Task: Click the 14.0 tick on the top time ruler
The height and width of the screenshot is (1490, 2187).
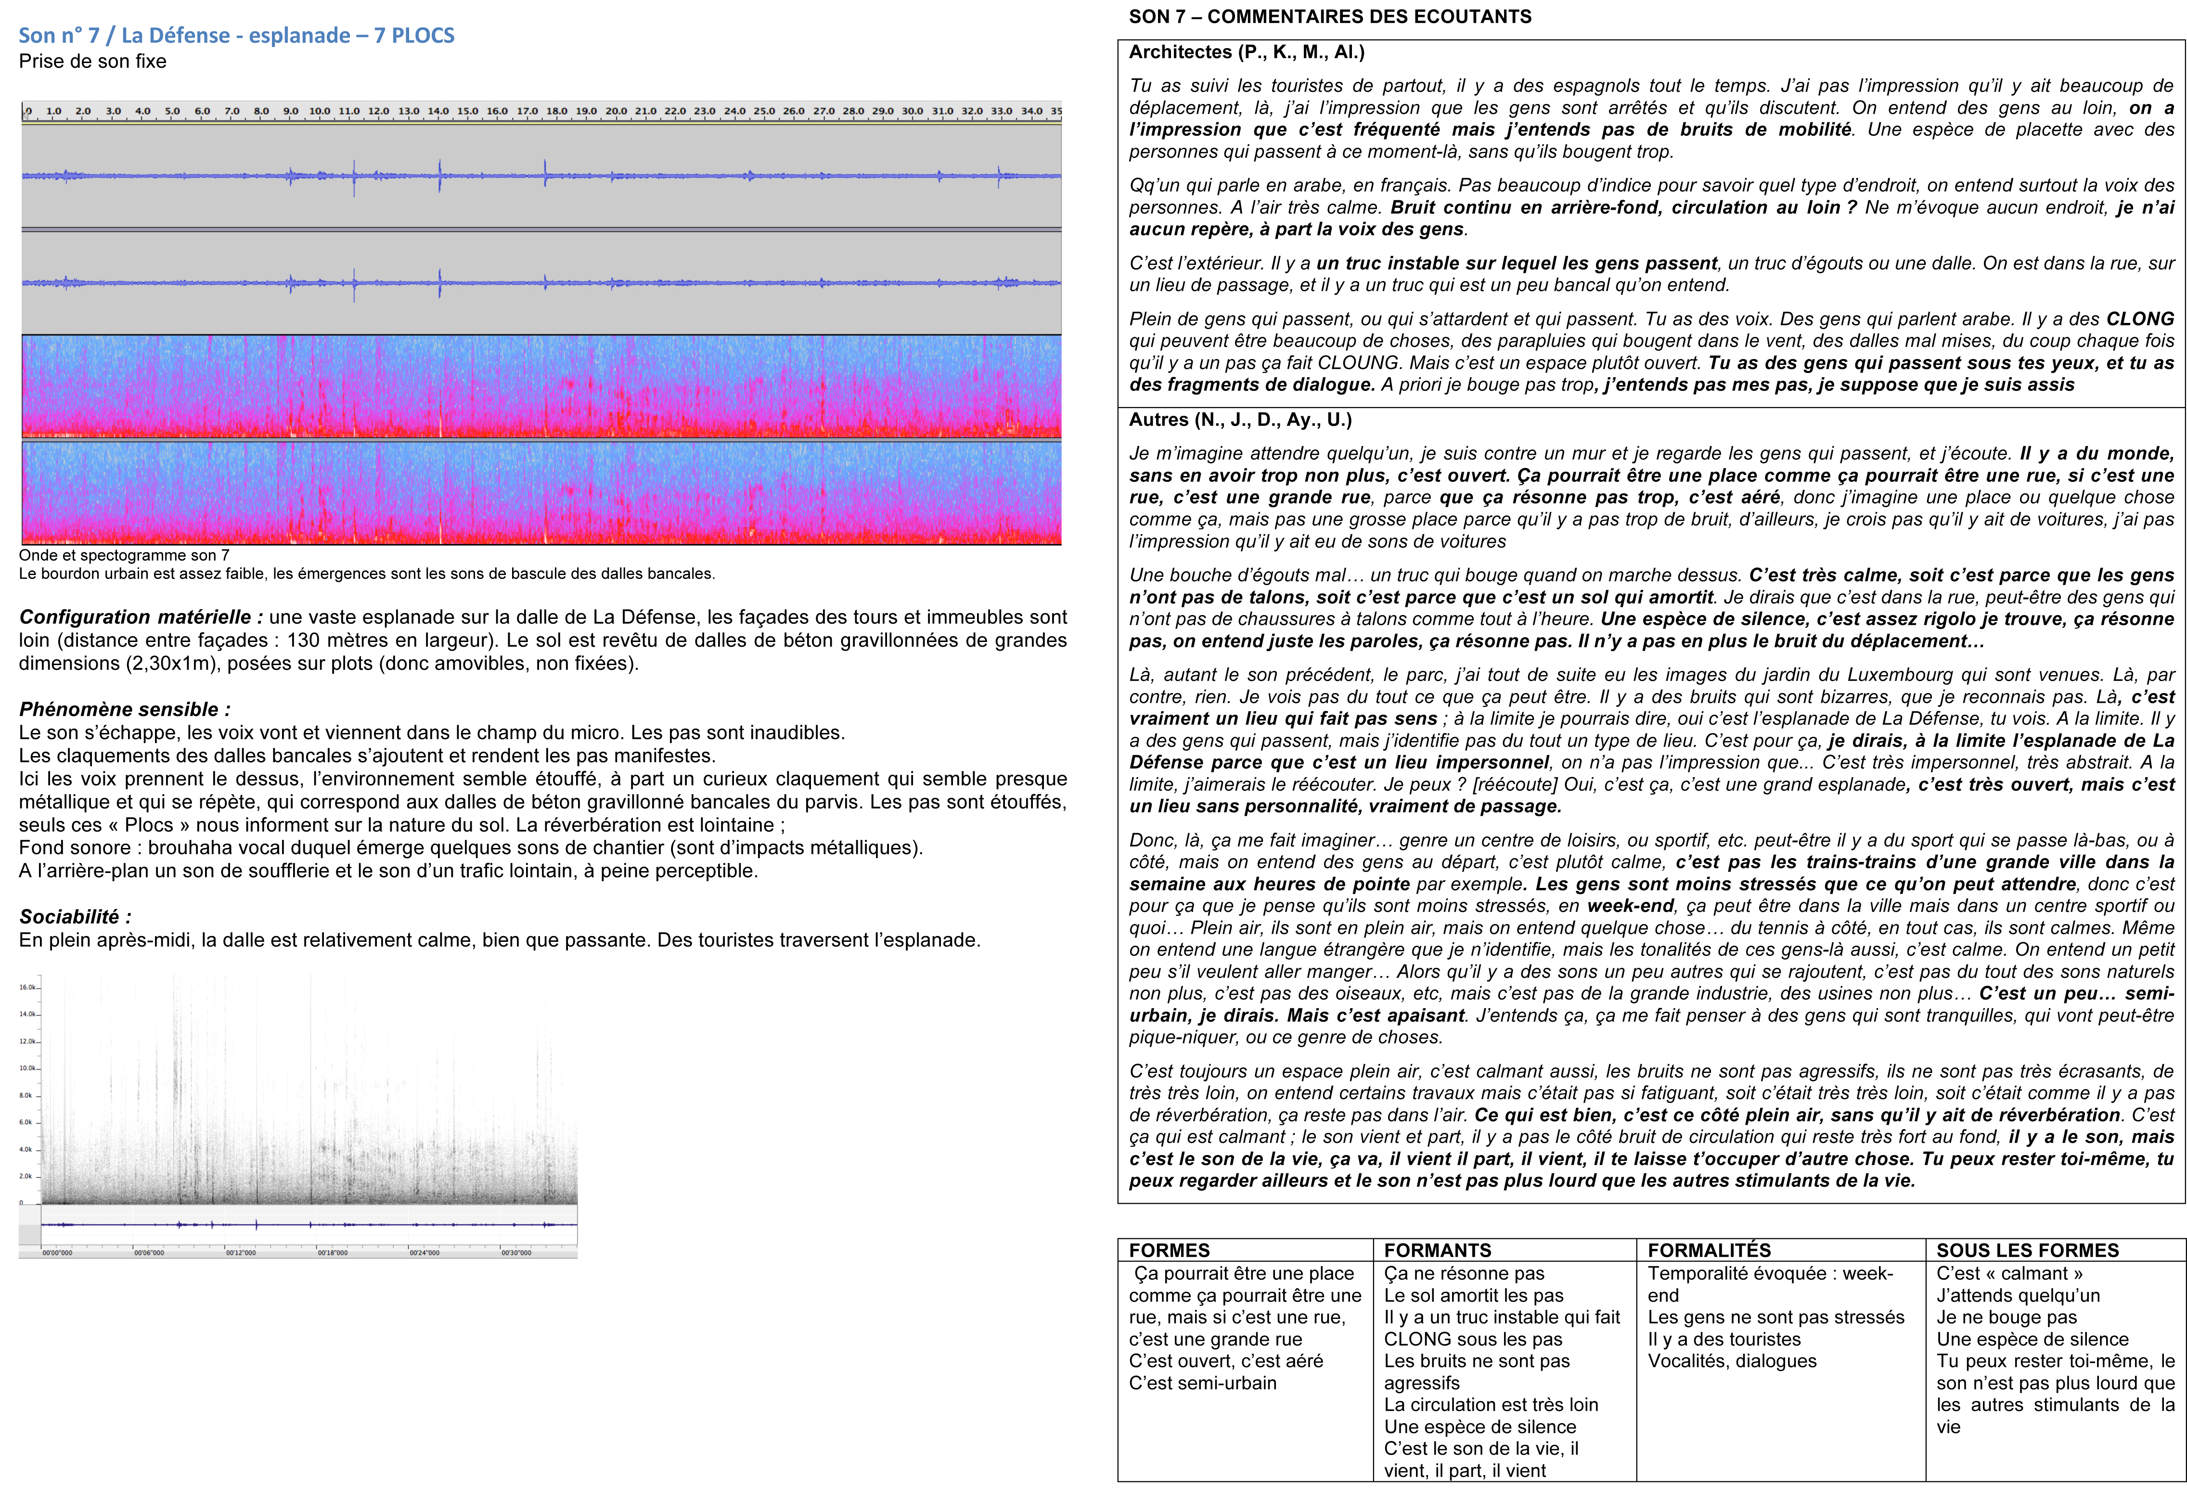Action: click(438, 111)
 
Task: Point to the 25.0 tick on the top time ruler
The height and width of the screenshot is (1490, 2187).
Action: click(764, 111)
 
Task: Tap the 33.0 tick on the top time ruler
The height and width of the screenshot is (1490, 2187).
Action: click(1001, 111)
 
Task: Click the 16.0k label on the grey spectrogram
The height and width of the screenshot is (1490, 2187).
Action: click(27, 988)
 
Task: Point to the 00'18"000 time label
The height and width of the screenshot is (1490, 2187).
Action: click(332, 1253)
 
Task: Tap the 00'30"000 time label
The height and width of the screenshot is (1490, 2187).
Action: click(515, 1253)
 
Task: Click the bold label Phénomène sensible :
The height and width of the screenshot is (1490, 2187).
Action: click(124, 710)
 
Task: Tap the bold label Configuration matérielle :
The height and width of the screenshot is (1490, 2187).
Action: click(141, 617)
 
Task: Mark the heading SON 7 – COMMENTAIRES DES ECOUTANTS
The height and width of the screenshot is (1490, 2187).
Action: click(1330, 17)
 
